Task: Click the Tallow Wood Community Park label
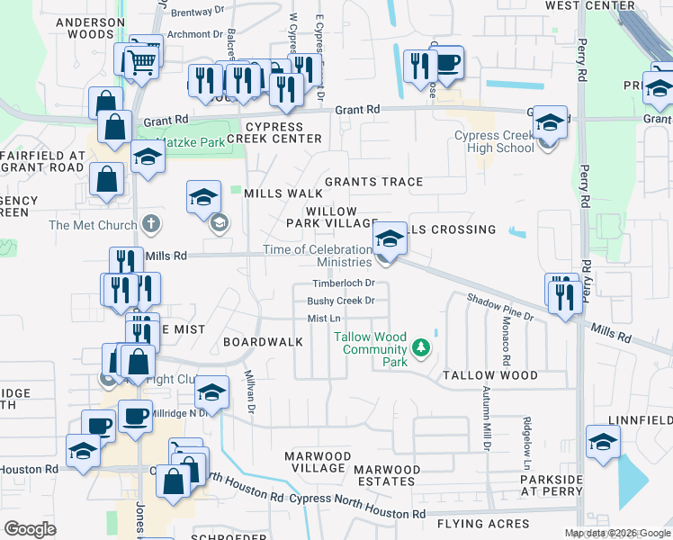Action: coord(370,349)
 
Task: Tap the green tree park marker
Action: coord(420,346)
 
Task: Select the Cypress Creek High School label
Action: coord(494,142)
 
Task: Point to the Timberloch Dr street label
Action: coord(343,283)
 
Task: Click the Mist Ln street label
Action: coord(324,319)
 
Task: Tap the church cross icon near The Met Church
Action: coord(151,225)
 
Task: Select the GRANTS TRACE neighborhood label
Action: coord(373,182)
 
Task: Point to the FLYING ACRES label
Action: coord(483,524)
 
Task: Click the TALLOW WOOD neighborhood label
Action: coord(489,375)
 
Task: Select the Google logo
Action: coord(30,529)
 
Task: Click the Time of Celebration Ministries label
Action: coord(318,256)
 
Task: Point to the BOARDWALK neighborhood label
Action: coord(263,343)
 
